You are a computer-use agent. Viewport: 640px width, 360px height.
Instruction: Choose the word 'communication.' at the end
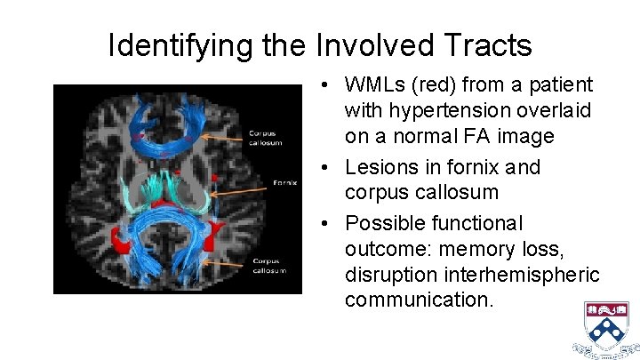pyautogui.click(x=419, y=300)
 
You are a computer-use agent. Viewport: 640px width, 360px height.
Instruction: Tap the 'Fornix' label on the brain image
pyautogui.click(x=285, y=184)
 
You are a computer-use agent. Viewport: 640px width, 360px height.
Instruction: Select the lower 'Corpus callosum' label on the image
pyautogui.click(x=268, y=265)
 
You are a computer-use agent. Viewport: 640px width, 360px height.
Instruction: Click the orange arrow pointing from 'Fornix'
pyautogui.click(x=240, y=188)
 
